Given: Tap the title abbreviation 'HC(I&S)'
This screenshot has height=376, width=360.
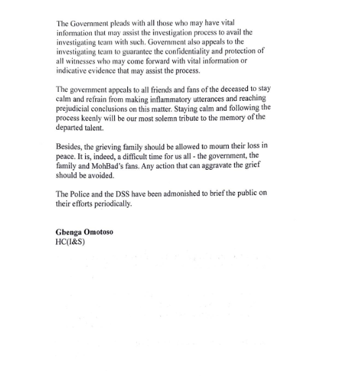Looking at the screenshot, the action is coord(70,242).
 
